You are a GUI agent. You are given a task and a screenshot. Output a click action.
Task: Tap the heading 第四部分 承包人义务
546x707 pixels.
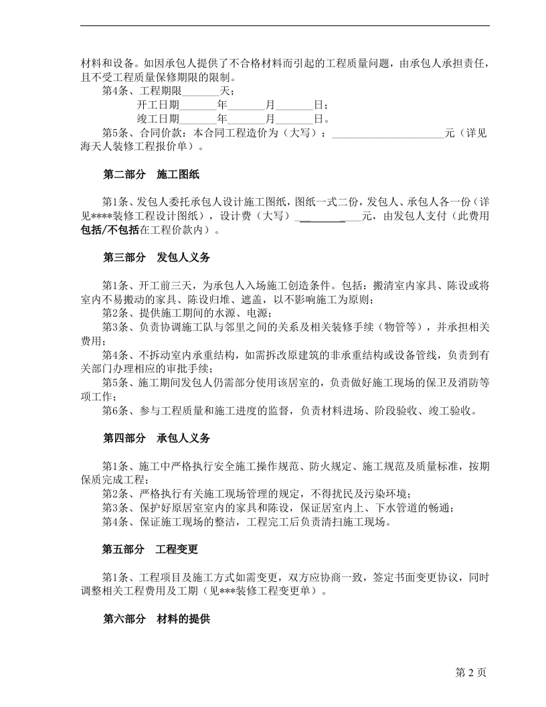click(156, 439)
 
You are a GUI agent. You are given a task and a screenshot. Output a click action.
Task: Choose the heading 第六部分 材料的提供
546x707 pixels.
click(156, 620)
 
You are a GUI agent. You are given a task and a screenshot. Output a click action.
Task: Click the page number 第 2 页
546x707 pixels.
click(470, 672)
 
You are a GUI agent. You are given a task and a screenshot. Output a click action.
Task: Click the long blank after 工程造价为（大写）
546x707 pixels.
click(388, 133)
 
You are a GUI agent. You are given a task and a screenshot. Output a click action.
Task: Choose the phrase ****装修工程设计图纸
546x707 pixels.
click(145, 216)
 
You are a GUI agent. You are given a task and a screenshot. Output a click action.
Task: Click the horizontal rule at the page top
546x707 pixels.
click(285, 26)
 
